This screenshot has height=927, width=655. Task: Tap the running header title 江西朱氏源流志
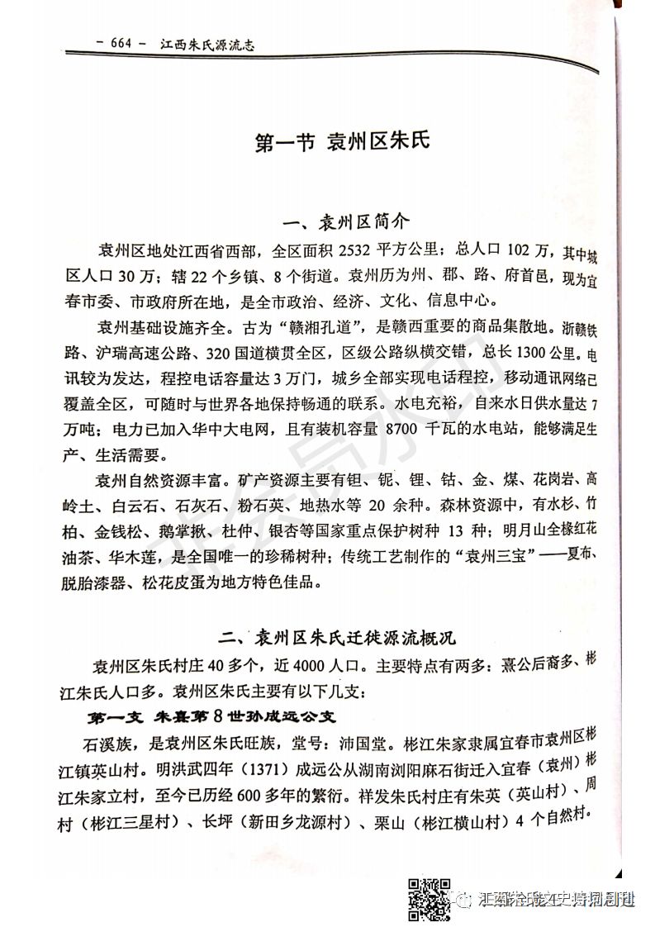tap(206, 45)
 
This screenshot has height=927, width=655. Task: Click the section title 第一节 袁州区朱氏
tap(342, 142)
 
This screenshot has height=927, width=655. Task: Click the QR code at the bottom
tap(430, 899)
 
